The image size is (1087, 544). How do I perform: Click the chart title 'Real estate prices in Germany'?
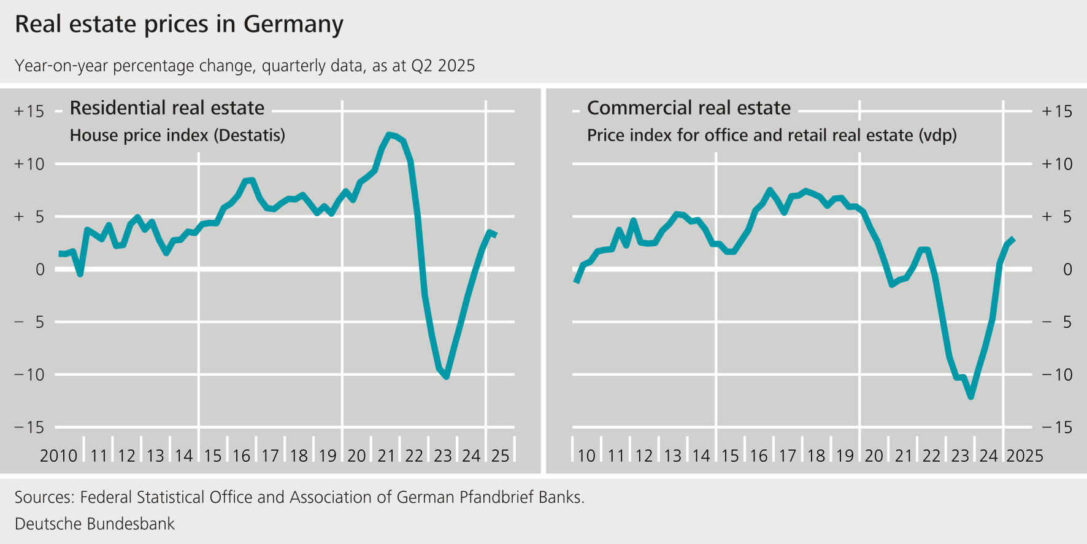click(179, 25)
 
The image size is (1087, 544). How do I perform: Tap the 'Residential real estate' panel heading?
click(167, 108)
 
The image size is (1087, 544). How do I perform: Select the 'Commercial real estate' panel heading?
click(688, 108)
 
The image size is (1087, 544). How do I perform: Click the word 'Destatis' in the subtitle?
click(249, 135)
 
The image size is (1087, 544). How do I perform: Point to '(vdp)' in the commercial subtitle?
click(937, 135)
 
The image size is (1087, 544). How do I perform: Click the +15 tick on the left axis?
click(29, 111)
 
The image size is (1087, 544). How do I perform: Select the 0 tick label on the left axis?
click(40, 270)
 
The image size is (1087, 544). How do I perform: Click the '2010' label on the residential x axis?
click(58, 456)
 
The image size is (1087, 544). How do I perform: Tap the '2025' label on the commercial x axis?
click(1024, 456)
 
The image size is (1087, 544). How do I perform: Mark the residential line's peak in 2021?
click(389, 134)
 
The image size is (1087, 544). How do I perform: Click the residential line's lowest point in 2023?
click(446, 376)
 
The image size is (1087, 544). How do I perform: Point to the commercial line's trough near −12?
click(971, 397)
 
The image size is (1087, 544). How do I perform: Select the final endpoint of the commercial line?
click(1013, 239)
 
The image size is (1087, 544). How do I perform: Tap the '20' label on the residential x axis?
click(356, 456)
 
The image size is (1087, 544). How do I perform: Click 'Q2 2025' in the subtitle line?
click(443, 66)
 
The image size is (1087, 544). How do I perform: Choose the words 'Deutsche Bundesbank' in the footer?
click(94, 524)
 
